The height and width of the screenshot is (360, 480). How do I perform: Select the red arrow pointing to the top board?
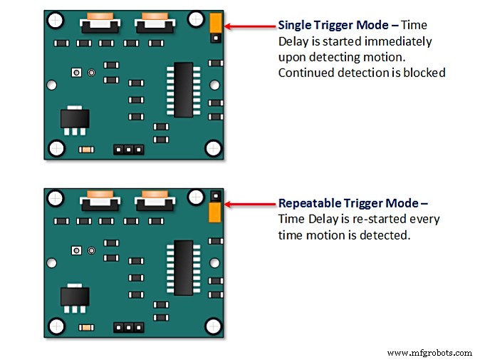[x=249, y=26]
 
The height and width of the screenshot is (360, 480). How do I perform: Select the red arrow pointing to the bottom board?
[x=249, y=207]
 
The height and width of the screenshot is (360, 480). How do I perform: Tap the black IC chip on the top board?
[x=183, y=89]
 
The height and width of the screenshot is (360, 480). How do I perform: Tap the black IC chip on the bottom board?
[x=183, y=267]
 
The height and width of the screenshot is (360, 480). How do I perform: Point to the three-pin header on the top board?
[x=129, y=150]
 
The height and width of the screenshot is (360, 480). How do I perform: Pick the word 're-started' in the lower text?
[x=382, y=219]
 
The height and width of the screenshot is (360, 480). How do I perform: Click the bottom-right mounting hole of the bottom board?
[x=212, y=326]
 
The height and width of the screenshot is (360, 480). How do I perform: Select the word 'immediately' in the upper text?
[x=401, y=41]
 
